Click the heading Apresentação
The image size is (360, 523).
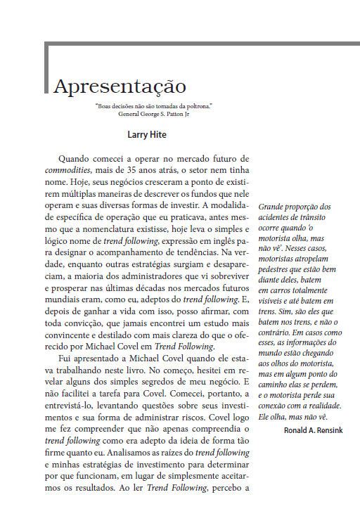pyautogui.click(x=120, y=86)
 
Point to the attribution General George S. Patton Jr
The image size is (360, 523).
pyautogui.click(x=154, y=113)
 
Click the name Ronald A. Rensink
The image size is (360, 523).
pyautogui.click(x=314, y=430)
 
